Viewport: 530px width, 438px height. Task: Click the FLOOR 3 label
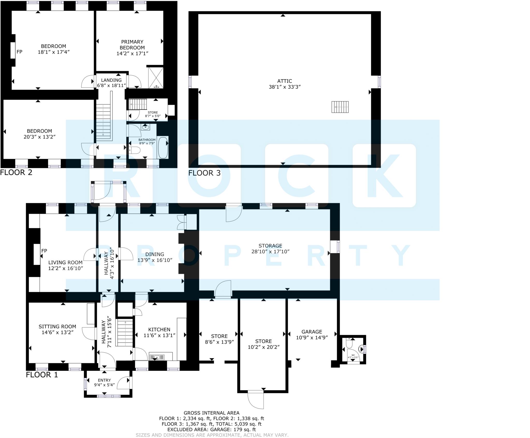204,173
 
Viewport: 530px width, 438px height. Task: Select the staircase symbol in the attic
340,107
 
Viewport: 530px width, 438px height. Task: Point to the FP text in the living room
44,251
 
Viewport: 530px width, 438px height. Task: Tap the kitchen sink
157,357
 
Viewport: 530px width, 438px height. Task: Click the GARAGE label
312,332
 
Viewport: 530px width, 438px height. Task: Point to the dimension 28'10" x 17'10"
270,251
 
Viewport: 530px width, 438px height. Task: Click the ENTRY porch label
104,380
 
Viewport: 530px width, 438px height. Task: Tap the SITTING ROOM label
57,327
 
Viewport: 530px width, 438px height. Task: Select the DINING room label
155,254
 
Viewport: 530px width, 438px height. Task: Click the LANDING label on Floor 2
111,80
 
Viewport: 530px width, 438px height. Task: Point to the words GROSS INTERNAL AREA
211,413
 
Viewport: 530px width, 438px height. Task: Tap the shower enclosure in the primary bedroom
156,78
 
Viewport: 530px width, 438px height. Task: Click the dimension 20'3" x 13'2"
39,137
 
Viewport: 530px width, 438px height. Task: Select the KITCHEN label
159,330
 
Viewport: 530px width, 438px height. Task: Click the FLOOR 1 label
42,375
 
